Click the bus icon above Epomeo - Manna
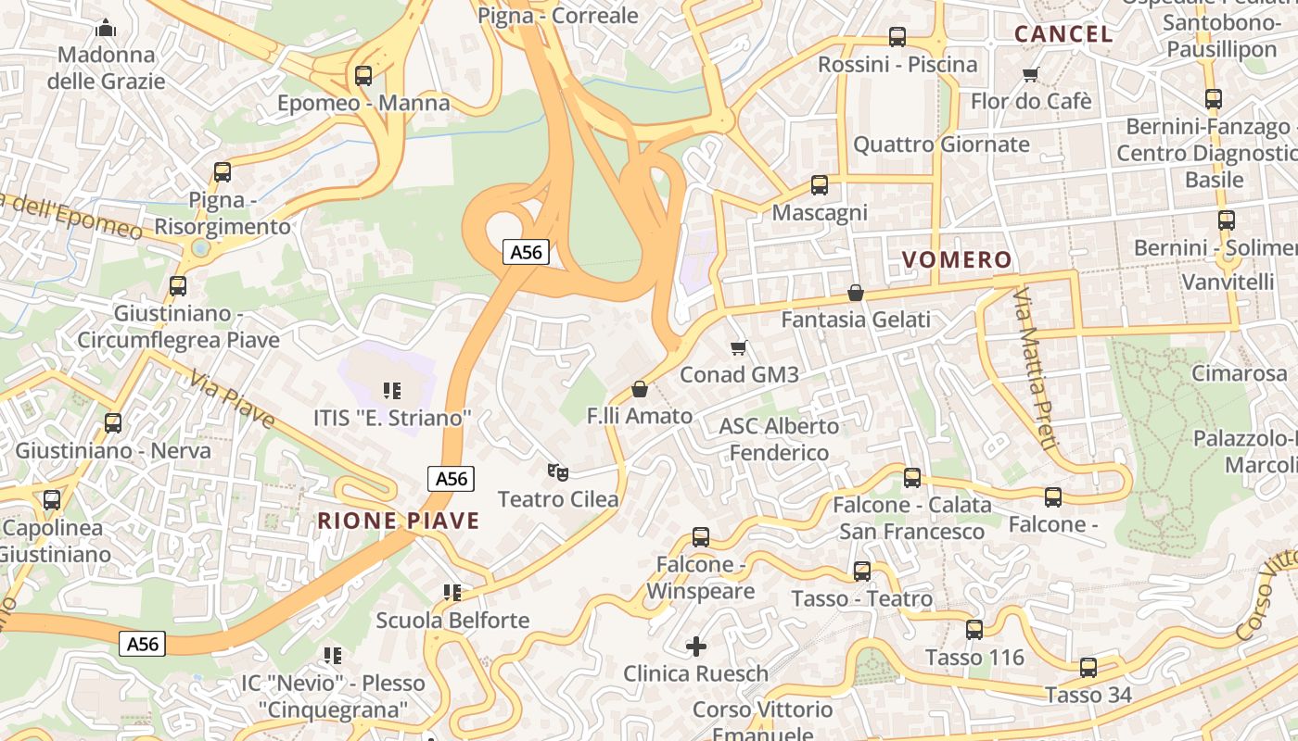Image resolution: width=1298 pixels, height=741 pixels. click(363, 76)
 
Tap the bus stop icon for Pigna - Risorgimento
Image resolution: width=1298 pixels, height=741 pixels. click(223, 171)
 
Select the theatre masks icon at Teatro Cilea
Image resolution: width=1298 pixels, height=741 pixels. click(557, 472)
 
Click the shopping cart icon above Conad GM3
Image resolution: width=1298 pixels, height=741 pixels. click(739, 348)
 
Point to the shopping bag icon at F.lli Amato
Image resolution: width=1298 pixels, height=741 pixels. click(639, 389)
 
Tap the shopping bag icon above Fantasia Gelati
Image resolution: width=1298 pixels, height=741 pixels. click(856, 293)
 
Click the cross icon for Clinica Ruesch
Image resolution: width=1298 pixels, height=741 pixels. click(695, 646)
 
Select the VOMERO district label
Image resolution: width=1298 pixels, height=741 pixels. click(956, 260)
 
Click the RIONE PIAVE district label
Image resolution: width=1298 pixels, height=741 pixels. click(399, 521)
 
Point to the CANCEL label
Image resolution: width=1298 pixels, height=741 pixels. click(1063, 34)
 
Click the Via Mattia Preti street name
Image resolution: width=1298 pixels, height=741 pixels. click(1035, 370)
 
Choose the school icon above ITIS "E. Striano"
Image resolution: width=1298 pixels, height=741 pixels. click(391, 391)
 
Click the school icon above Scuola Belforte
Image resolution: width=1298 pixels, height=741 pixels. click(452, 592)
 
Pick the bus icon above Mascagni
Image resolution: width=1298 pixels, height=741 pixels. click(820, 185)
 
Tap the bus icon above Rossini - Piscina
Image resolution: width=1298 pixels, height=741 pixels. click(897, 37)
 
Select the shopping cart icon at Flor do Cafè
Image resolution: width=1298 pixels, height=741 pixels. click(1030, 74)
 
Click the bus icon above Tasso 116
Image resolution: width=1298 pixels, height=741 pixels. click(974, 630)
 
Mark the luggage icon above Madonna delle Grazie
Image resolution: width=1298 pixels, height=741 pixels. click(106, 28)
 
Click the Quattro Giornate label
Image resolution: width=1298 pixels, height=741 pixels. click(941, 144)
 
